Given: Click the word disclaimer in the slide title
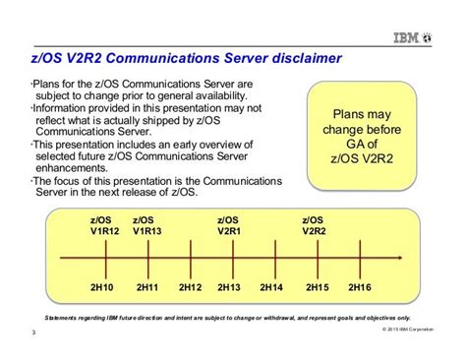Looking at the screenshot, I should [298, 60].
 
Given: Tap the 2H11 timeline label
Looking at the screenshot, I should [147, 286].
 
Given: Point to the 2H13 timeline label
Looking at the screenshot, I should [229, 286].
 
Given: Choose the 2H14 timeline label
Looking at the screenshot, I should [272, 286].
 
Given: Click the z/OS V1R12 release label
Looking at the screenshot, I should [102, 225].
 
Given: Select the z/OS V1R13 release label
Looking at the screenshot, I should [145, 225].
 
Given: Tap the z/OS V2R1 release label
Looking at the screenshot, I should [228, 225].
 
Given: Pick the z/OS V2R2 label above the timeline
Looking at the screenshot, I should [314, 225].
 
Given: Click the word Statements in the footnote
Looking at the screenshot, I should [65, 321].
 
